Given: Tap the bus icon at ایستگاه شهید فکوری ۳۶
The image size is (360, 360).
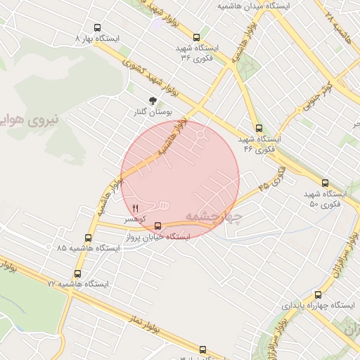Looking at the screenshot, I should pos(195,37).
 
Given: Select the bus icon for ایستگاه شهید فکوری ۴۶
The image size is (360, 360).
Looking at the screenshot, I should pos(259,128).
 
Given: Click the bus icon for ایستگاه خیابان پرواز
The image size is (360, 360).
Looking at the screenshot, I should pos(157,226).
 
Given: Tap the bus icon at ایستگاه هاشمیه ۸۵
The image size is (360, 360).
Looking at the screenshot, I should pos(88,238).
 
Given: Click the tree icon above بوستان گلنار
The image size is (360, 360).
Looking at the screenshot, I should pos(153,101).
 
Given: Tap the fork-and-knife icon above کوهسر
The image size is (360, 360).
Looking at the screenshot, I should pos(135,208).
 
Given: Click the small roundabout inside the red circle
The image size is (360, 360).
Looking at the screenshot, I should pos(201,134).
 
